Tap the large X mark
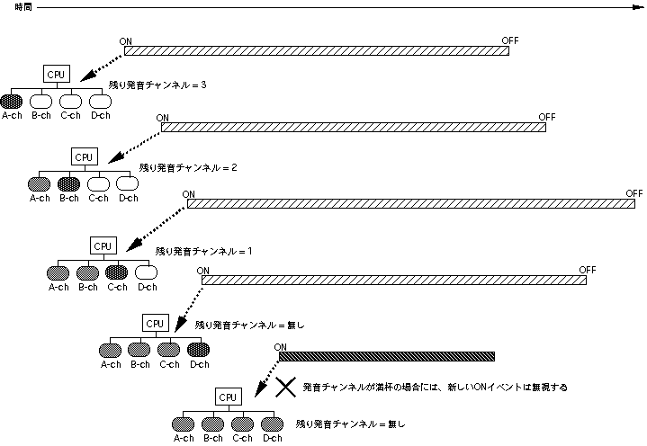click(x=285, y=388)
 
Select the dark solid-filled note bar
click(x=392, y=356)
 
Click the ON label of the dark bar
click(x=280, y=347)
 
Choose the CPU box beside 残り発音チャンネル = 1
click(x=103, y=244)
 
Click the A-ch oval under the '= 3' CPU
click(x=12, y=102)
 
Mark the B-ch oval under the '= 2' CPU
click(x=68, y=183)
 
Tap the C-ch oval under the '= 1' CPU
click(x=116, y=272)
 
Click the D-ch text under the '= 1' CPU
click(x=146, y=287)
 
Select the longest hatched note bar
click(x=410, y=205)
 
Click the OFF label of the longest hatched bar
click(x=635, y=193)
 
